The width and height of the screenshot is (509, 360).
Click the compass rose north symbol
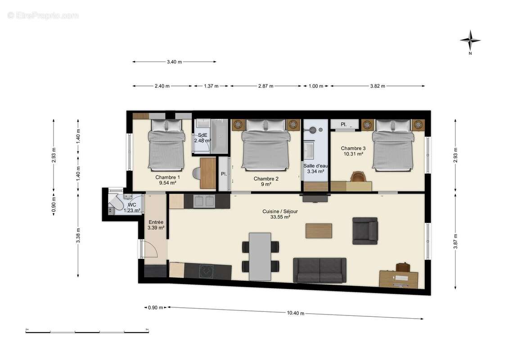(470, 41)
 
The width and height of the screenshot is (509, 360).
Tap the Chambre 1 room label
(167, 177)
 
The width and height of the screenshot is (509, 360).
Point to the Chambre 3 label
(353, 148)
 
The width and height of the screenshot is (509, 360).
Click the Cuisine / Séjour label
(280, 211)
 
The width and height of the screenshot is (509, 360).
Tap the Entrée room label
(156, 222)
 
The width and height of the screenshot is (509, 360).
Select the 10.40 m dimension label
(295, 313)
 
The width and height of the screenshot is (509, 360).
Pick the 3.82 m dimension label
(377, 86)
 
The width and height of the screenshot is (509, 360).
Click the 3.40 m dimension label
(174, 62)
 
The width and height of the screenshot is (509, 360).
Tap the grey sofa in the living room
(320, 270)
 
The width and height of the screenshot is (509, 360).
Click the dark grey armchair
(365, 230)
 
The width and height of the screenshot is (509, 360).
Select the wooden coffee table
(319, 230)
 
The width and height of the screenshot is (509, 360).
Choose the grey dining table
(260, 256)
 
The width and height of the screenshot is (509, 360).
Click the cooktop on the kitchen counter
(207, 271)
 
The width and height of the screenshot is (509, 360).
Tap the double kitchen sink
(204, 202)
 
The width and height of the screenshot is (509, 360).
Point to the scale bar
(87, 332)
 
